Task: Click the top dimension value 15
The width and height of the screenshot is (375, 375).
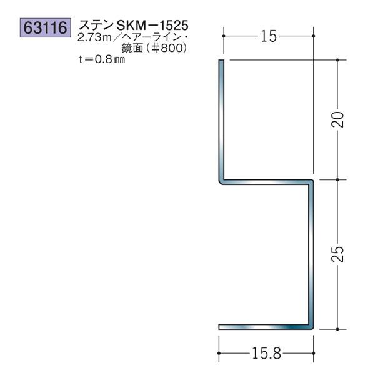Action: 268,37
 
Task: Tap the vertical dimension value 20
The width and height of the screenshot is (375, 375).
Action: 337,119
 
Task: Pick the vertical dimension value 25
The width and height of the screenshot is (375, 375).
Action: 337,254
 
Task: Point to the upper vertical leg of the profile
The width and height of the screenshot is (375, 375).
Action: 221,119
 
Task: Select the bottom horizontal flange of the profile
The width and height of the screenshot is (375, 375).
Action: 266,327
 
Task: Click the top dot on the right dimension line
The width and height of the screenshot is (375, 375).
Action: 337,60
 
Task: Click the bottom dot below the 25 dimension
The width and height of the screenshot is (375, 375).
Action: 337,328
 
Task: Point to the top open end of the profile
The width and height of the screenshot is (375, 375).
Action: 221,61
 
